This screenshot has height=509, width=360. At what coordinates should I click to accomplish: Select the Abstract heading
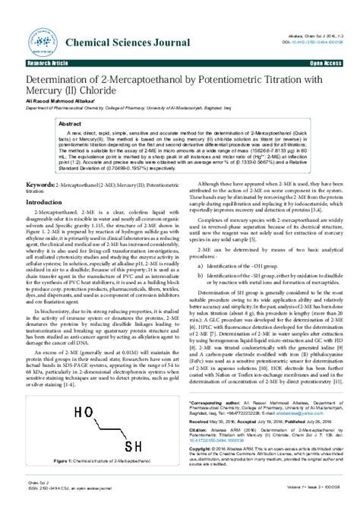point(70,122)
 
